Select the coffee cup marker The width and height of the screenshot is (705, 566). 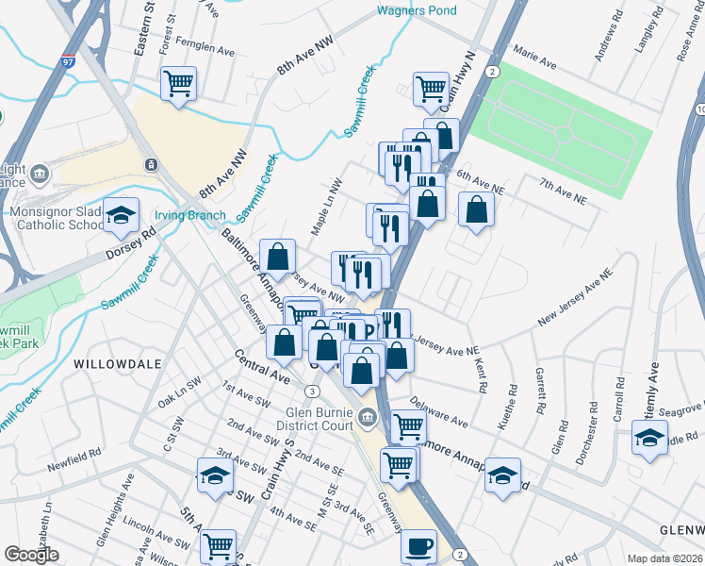coord(419,544)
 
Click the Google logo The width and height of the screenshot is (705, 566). coord(31,555)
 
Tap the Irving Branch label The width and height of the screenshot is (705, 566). coord(190,215)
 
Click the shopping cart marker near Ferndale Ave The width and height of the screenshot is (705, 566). coord(178,83)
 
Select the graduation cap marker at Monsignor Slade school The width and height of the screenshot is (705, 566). coord(120,216)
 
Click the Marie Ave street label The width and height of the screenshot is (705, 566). coord(533,58)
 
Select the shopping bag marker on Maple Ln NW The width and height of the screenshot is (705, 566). coord(279,256)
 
